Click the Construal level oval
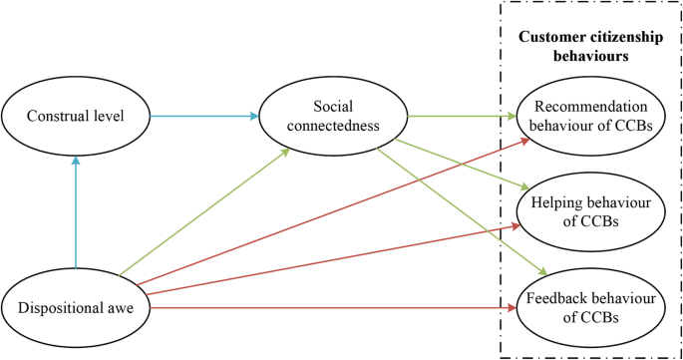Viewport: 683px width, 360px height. coord(76,116)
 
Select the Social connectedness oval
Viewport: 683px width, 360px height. coord(332,116)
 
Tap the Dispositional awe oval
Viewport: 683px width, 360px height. coord(76,308)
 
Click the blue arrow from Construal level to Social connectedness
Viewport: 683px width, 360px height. coord(204,116)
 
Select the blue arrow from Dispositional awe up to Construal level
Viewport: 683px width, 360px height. coord(76,214)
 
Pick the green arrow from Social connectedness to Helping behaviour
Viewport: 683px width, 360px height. coord(459,162)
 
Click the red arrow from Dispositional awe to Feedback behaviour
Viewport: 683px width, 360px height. coord(329,308)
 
